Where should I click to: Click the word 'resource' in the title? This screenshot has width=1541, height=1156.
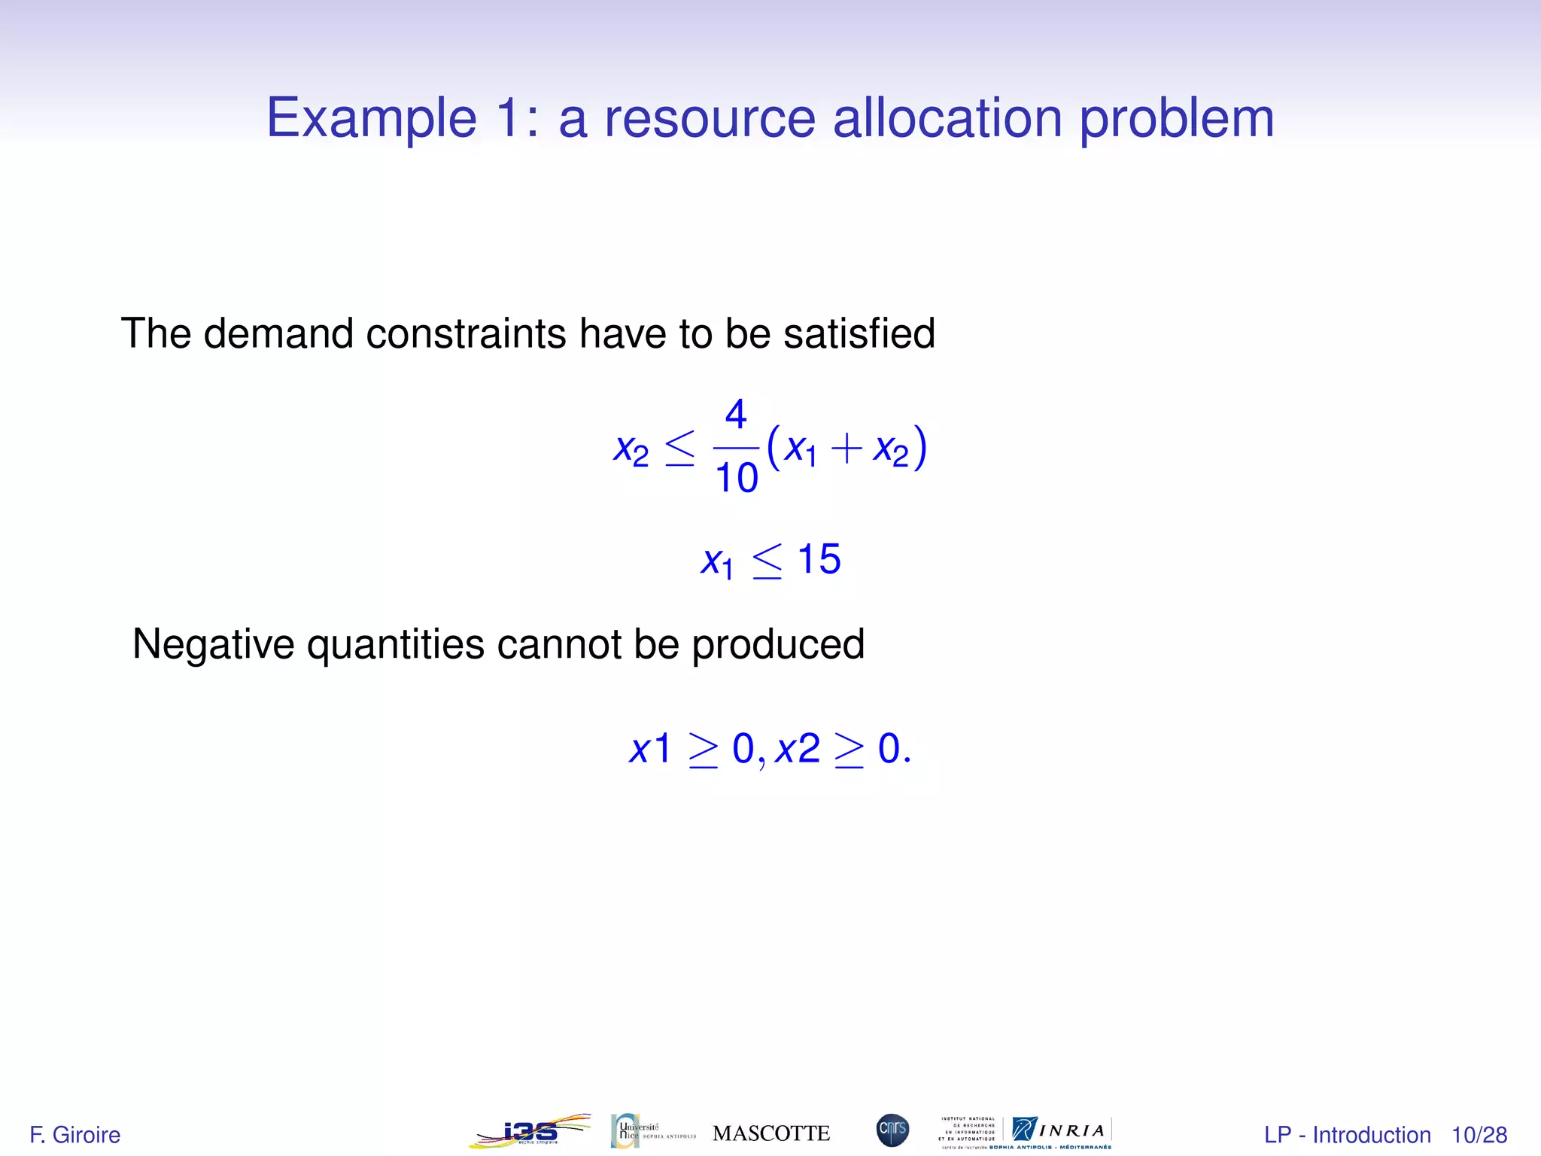(x=710, y=118)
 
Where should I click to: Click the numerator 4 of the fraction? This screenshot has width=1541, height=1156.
(x=735, y=415)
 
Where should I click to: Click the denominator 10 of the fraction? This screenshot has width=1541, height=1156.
(x=736, y=479)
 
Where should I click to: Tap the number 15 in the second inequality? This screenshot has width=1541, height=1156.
(x=819, y=559)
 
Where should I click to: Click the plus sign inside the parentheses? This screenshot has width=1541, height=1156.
(x=846, y=449)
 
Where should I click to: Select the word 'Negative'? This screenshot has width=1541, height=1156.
(x=213, y=644)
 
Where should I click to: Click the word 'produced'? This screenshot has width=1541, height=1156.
(x=777, y=646)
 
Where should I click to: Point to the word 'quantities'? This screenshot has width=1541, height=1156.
(x=395, y=646)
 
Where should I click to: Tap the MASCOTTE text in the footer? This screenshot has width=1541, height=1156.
(x=770, y=1133)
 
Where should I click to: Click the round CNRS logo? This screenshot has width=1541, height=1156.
(x=892, y=1130)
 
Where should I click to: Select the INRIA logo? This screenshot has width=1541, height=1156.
(x=1061, y=1130)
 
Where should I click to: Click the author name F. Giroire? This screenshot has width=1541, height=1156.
(x=74, y=1135)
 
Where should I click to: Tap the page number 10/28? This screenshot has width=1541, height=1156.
(x=1479, y=1135)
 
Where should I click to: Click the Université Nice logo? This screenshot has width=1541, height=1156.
(x=652, y=1131)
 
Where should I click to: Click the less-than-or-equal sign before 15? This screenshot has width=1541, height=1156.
(x=767, y=561)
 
